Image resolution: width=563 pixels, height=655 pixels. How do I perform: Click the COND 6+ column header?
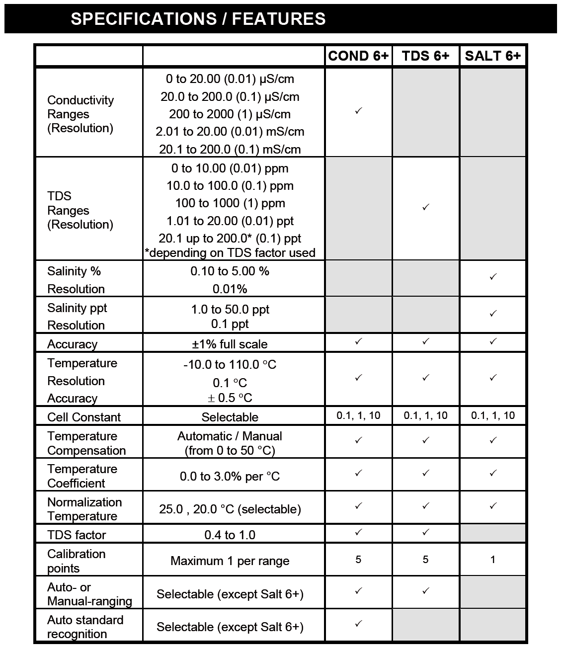tap(358, 56)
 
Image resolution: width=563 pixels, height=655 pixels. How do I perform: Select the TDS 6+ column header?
tap(425, 56)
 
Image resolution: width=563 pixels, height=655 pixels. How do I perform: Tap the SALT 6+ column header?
tap(492, 56)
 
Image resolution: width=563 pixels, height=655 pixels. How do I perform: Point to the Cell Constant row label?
tap(84, 417)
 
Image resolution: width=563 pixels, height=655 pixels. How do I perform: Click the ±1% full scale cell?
tap(230, 344)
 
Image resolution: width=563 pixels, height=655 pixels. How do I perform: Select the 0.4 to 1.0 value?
tap(230, 535)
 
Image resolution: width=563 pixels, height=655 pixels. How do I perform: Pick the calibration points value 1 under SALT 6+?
tap(493, 560)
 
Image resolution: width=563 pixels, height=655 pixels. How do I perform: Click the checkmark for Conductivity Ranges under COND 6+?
tap(358, 111)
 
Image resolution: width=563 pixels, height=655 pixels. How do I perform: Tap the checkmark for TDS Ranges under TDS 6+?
tap(425, 207)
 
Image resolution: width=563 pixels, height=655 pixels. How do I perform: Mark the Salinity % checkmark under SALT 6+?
tap(493, 277)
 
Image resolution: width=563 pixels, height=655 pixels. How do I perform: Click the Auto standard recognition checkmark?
tap(358, 623)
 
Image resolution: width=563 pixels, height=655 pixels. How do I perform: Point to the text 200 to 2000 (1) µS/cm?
tap(230, 114)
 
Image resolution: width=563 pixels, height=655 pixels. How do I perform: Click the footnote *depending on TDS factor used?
tap(230, 253)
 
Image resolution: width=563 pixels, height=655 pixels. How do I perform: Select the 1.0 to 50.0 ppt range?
tap(230, 309)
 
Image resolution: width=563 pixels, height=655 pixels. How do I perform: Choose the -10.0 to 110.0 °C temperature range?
tap(230, 365)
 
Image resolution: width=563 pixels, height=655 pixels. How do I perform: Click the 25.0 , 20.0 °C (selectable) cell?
tap(230, 509)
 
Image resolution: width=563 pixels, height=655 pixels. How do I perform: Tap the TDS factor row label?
tap(77, 535)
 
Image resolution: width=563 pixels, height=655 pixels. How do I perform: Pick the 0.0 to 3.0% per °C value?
tap(230, 477)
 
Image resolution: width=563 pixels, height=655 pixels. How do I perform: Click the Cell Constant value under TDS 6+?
tap(425, 415)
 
